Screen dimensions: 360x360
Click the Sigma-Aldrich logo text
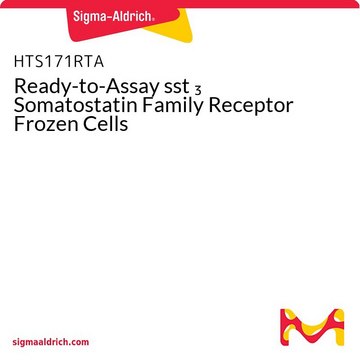(x=113, y=16)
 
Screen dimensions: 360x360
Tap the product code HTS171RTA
(x=59, y=62)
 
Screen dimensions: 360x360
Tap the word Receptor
(x=253, y=107)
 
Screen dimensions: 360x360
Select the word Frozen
(x=44, y=124)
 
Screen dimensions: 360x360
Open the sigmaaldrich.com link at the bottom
(x=51, y=342)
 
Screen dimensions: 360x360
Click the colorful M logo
(x=312, y=327)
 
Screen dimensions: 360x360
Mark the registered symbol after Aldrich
(x=153, y=20)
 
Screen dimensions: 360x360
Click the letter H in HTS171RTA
(x=19, y=62)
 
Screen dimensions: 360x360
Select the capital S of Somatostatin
(x=20, y=106)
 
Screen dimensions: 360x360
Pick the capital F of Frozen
(x=19, y=124)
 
